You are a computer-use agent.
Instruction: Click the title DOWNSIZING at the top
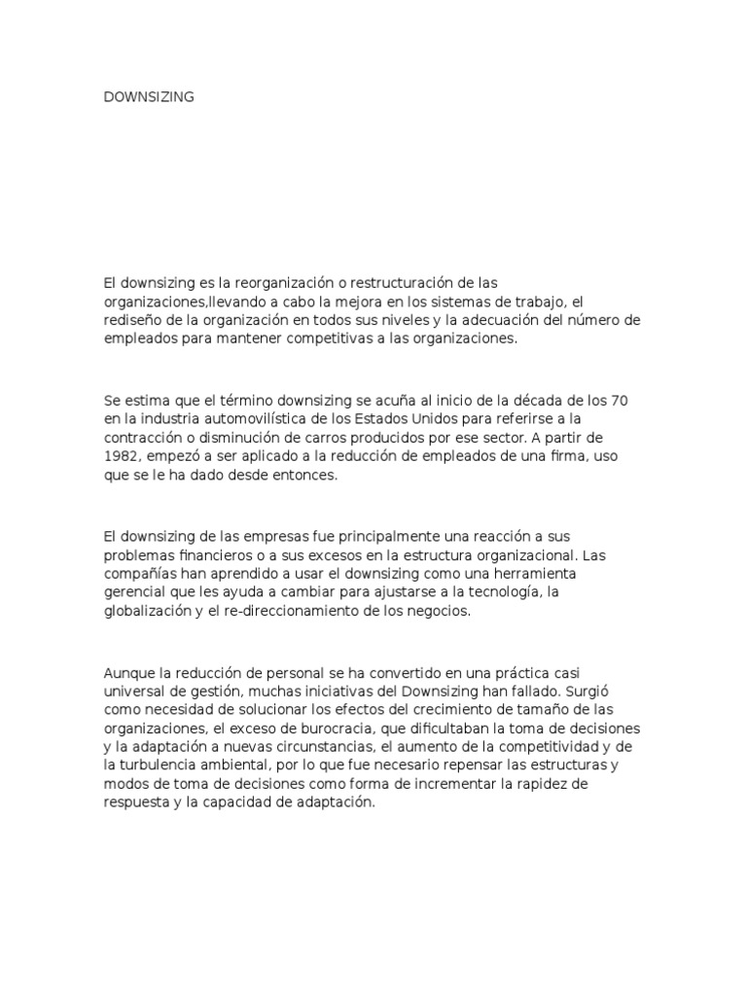(149, 96)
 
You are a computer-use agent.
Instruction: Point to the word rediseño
(133, 320)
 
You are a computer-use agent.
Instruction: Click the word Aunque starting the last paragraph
(128, 672)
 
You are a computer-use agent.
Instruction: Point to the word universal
(135, 691)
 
